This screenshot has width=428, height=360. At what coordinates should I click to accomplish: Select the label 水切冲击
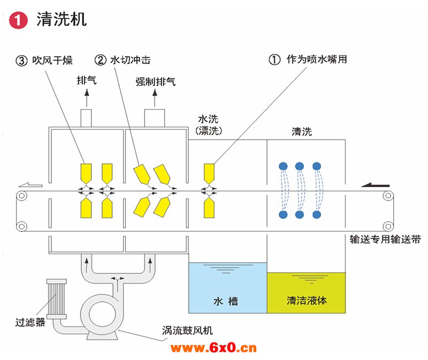[131, 60]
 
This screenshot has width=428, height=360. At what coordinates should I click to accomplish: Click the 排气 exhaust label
[86, 81]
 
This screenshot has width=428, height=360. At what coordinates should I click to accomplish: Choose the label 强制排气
[155, 81]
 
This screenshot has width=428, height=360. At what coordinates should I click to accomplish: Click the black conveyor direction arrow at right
[374, 185]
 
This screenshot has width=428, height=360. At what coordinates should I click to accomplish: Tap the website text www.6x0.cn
[213, 348]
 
